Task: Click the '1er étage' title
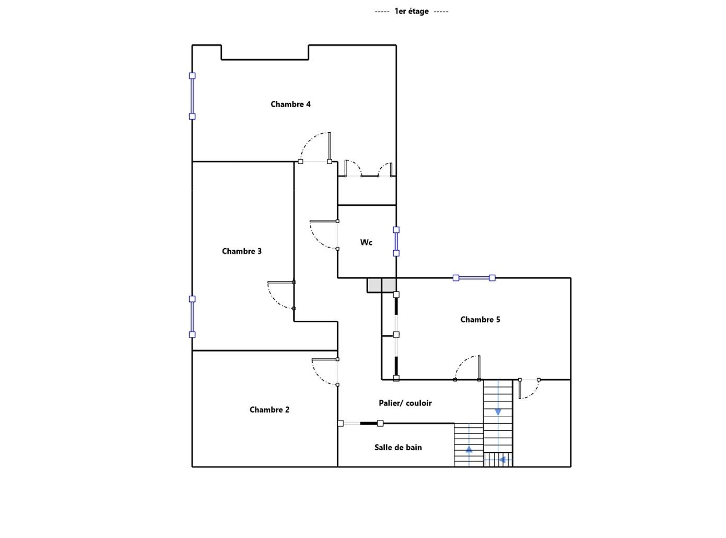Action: click(411, 11)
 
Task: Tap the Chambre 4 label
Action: click(290, 104)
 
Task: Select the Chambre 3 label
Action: click(241, 251)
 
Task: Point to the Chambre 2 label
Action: click(270, 410)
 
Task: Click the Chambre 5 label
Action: click(480, 320)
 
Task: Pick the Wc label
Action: click(366, 242)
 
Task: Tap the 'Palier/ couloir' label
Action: click(405, 403)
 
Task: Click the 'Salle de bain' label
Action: click(398, 447)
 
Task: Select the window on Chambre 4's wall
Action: click(192, 96)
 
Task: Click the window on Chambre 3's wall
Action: click(192, 317)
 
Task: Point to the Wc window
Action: click(396, 241)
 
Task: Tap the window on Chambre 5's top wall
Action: click(474, 278)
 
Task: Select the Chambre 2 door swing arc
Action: click(319, 378)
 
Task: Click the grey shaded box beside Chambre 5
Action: click(381, 285)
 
